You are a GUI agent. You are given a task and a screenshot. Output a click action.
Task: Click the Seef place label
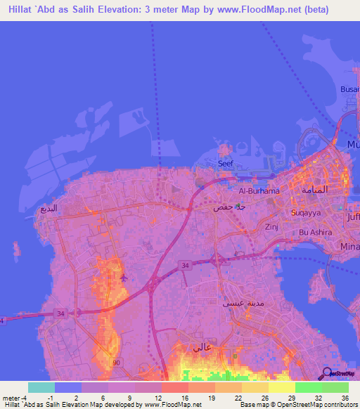225,163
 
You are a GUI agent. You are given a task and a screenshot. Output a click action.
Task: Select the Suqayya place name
304,212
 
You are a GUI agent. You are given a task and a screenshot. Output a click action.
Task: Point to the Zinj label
272,228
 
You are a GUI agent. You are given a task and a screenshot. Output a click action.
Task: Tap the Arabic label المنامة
314,190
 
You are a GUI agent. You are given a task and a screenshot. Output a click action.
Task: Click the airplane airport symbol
124,277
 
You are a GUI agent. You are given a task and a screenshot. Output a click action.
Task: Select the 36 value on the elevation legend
344,398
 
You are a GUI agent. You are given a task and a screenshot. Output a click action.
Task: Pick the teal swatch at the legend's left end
41,387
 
